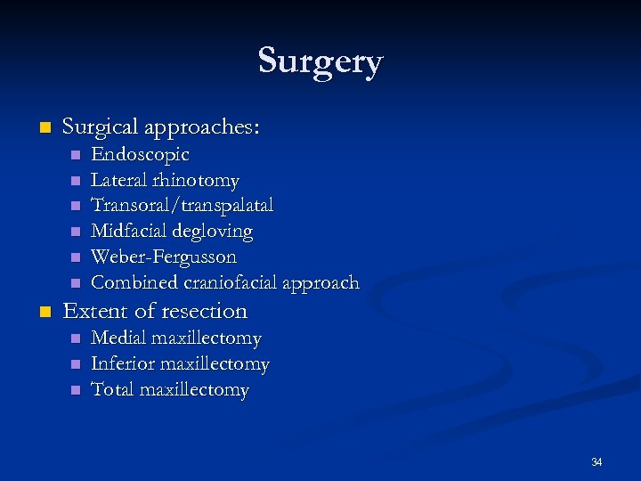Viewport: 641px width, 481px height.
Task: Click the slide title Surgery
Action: pos(320,61)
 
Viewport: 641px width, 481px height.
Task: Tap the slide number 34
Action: pos(596,461)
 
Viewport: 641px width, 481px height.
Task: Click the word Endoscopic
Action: pos(140,155)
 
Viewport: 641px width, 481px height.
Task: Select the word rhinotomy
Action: pos(200,181)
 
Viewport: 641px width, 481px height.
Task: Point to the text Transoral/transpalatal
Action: pos(182,206)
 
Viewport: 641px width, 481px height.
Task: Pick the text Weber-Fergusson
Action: pos(164,257)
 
